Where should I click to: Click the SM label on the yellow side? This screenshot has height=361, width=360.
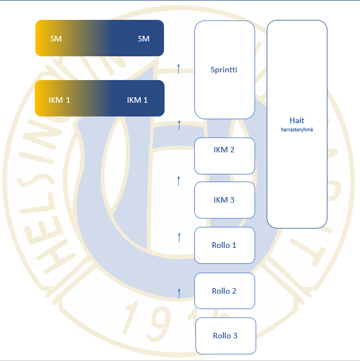click(56, 39)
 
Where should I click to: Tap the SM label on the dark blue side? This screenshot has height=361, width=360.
click(144, 39)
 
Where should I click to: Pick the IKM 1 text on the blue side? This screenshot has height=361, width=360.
click(137, 100)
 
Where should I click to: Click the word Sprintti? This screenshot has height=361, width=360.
click(224, 70)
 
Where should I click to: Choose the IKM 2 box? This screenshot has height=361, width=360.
click(224, 156)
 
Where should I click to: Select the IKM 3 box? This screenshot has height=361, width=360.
click(224, 200)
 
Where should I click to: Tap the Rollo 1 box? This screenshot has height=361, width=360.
click(224, 245)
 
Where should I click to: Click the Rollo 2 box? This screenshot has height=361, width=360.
click(224, 291)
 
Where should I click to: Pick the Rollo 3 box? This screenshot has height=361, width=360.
click(225, 336)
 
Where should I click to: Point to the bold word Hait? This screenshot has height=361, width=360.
click(297, 120)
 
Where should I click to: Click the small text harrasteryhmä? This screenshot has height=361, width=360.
click(297, 130)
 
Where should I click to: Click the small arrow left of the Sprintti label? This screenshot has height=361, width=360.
click(178, 68)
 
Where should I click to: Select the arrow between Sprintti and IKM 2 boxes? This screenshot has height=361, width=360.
click(179, 125)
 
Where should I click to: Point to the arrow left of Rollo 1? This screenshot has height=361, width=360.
click(179, 237)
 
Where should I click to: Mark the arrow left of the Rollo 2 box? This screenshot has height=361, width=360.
click(179, 293)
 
